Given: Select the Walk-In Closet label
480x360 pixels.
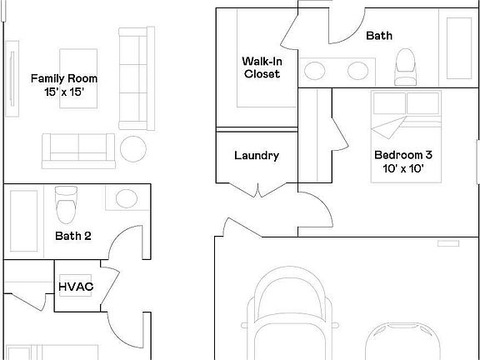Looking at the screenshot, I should [261, 67].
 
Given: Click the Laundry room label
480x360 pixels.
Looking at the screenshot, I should [256, 156].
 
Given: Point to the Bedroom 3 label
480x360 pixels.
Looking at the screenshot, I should [402, 155].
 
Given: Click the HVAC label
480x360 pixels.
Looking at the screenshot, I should [75, 287].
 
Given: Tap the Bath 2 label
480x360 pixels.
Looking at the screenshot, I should [73, 236].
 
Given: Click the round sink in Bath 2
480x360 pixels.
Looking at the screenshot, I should [126, 199].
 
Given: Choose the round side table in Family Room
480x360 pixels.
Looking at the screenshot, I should [134, 148].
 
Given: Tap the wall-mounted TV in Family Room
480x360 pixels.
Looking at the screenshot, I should [12, 80].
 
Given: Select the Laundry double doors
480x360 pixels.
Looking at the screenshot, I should [257, 189].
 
